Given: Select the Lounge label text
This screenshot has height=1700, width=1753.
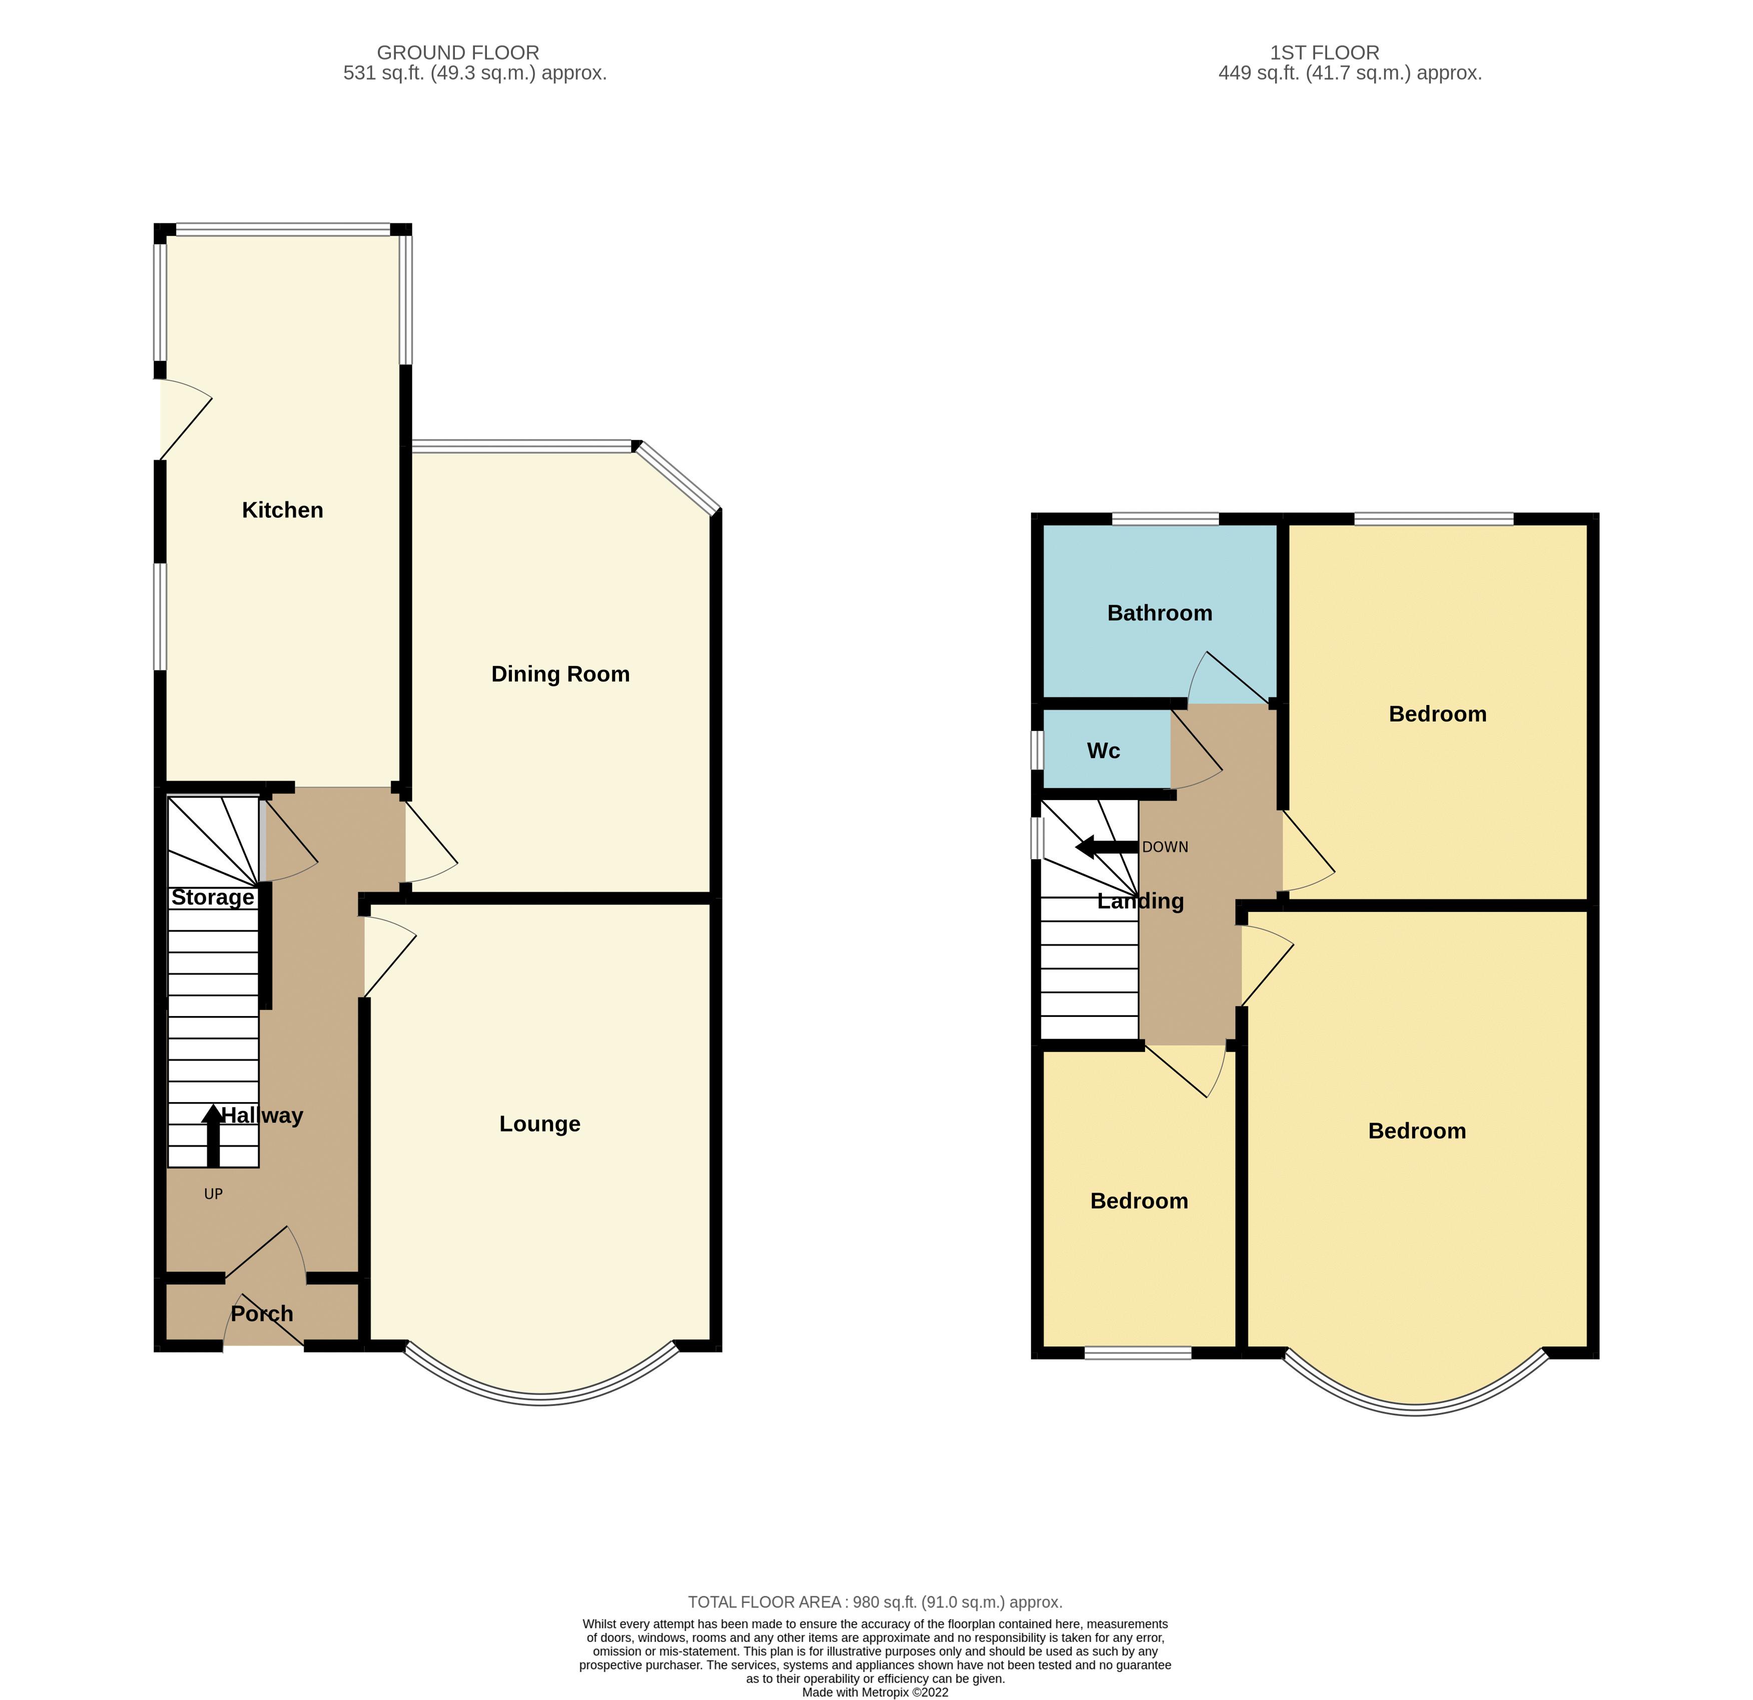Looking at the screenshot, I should coord(539,1124).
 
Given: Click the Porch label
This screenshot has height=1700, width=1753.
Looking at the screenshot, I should coord(262,1313).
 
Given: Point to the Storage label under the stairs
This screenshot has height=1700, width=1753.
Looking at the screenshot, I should coord(213,897).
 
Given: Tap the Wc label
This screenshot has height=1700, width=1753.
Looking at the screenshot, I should coord(1103,751).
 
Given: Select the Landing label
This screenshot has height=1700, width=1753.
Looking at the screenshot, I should coord(1140,901).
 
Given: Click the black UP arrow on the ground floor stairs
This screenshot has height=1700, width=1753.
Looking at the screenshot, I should coord(213,1136).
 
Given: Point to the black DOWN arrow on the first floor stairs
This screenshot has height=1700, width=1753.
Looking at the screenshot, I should coord(1106,846).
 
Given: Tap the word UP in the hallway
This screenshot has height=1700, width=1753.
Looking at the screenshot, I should coord(213,1194).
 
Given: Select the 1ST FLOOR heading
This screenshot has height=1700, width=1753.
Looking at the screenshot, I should coord(1325,53).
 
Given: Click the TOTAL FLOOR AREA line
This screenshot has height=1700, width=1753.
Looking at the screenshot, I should coord(875,1601).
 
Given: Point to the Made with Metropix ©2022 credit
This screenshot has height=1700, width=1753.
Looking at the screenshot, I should coord(875,1692).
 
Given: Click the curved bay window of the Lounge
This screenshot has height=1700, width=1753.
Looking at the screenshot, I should coord(541,1400).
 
